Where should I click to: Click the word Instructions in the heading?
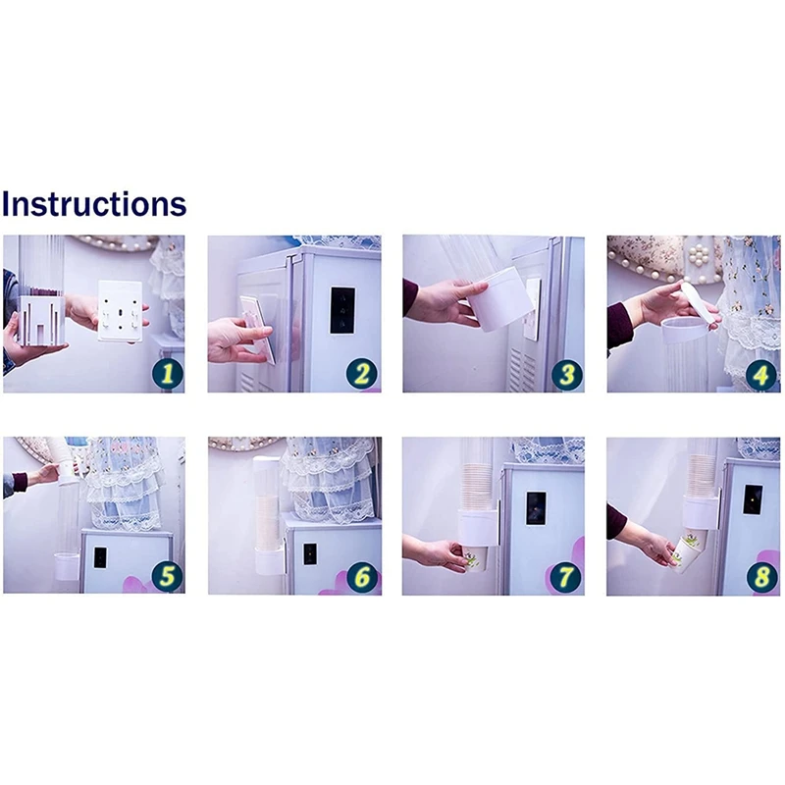(94, 204)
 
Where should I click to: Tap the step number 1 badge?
(167, 374)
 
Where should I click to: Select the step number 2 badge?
(361, 374)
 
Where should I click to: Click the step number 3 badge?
(567, 375)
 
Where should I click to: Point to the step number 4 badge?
(761, 375)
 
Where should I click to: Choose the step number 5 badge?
(167, 576)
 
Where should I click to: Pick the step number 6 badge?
(361, 577)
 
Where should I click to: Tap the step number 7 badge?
(566, 577)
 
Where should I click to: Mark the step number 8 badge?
(761, 577)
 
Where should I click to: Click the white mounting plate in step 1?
(120, 311)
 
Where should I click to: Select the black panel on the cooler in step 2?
(342, 310)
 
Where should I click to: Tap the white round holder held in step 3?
(500, 300)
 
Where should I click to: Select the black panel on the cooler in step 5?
(101, 557)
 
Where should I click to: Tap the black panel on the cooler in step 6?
(309, 553)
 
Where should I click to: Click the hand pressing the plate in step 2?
(239, 340)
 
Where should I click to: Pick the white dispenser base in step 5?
(67, 566)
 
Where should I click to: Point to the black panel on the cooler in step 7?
(536, 508)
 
